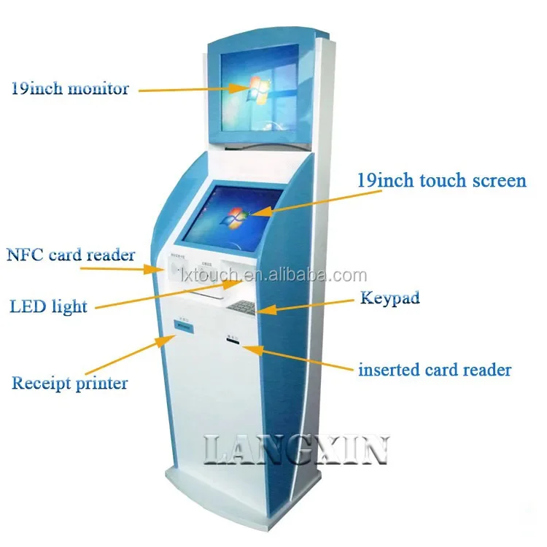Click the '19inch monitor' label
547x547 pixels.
pos(69,89)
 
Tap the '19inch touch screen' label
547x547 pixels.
pos(441,180)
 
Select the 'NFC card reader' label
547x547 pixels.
pos(71,255)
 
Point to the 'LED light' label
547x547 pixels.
pos(49,305)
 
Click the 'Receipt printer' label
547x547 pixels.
pos(69,383)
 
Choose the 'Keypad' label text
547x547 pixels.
pos(390,298)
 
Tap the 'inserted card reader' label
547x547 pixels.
pos(434,370)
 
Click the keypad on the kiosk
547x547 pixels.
pos(241,306)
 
